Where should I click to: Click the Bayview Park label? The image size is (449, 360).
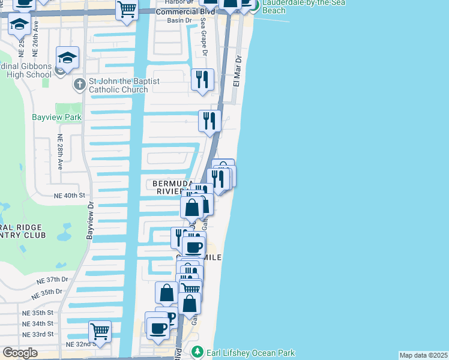(56, 118)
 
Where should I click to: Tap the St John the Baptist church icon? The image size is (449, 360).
(79, 85)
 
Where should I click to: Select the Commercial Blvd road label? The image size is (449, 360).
(185, 11)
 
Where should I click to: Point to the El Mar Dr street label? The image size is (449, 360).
(237, 70)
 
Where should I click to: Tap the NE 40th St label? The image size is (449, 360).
(70, 196)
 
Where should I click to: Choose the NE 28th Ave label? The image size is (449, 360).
(60, 152)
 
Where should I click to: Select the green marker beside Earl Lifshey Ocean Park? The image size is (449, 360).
(196, 351)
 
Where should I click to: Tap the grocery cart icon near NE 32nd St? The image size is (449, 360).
(100, 331)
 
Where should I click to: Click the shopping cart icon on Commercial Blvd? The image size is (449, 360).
(127, 9)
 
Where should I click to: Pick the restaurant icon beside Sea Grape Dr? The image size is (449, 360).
(202, 79)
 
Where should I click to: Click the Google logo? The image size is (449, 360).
(20, 353)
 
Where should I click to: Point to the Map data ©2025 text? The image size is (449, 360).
(423, 355)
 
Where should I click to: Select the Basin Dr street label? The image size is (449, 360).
(179, 20)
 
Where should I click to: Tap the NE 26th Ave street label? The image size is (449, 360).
(36, 34)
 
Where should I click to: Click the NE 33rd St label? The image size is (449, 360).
(38, 334)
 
